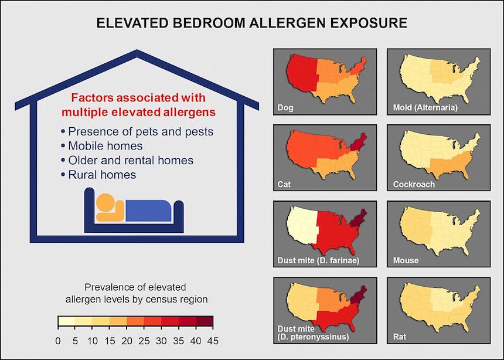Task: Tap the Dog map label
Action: [286, 108]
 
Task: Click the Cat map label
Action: [285, 184]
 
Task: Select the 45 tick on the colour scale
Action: [212, 341]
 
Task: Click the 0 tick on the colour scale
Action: [57, 341]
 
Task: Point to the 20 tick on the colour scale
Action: [127, 341]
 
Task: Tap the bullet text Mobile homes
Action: [105, 145]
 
